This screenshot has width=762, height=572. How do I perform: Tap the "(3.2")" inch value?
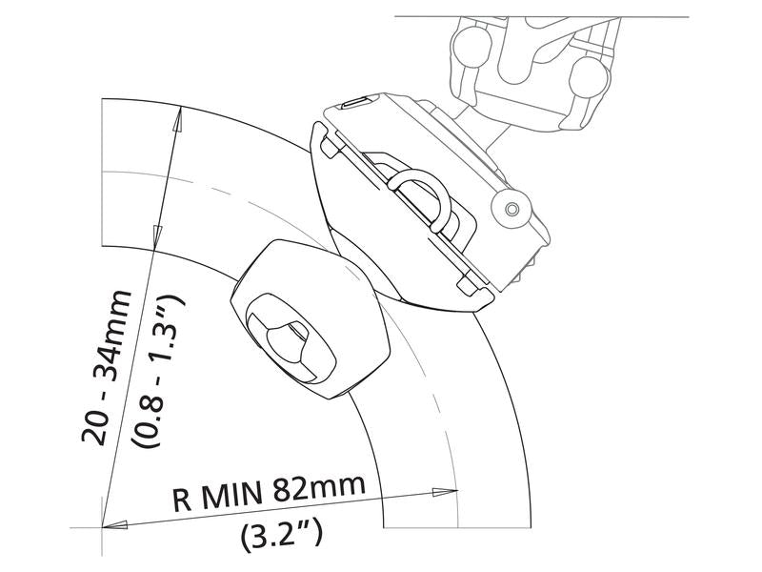click(x=281, y=535)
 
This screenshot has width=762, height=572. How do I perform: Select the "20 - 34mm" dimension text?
click(x=106, y=367)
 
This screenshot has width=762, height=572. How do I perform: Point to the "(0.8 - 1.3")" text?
click(x=158, y=371)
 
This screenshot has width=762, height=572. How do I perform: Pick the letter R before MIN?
click(x=182, y=500)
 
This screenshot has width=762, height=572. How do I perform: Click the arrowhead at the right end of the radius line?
click(x=445, y=492)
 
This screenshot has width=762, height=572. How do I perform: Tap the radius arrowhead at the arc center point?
click(x=115, y=525)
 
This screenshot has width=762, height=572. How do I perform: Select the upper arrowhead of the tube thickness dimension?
click(x=178, y=121)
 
